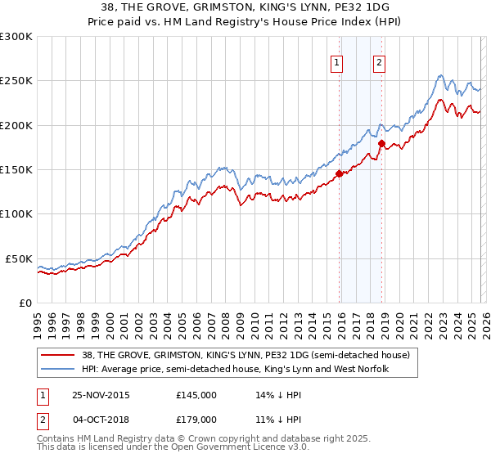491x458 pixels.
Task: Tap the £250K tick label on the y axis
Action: click(16, 81)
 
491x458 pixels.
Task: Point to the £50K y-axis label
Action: click(18, 258)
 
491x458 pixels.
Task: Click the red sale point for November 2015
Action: click(339, 173)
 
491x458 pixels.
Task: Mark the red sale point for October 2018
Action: click(381, 144)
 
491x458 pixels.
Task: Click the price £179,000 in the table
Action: click(196, 419)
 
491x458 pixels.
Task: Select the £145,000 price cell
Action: click(196, 394)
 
